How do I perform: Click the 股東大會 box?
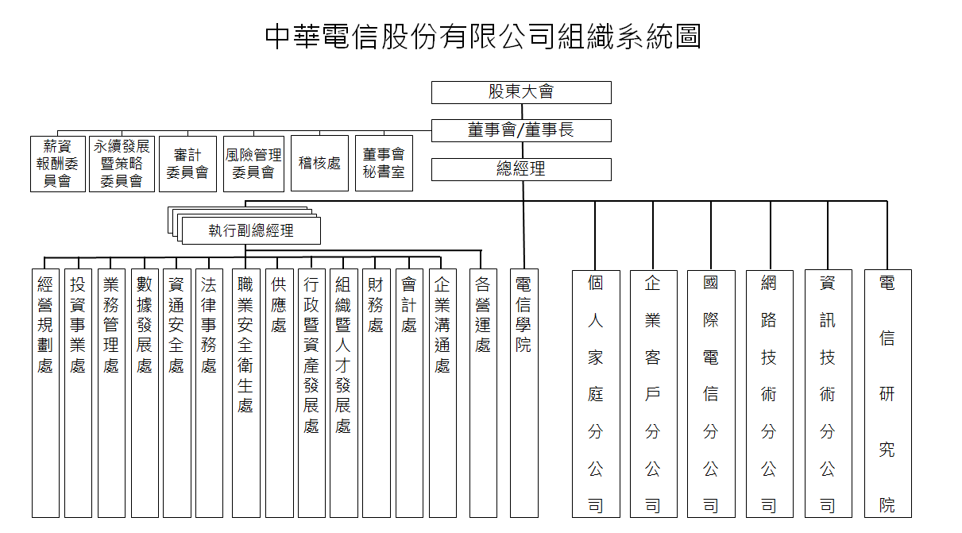coord(521,92)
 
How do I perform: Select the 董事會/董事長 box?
coord(521,130)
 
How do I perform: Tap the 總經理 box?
coord(521,169)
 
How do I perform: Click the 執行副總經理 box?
coord(251,230)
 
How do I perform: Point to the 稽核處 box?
coord(319,163)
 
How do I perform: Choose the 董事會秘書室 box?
coord(384,163)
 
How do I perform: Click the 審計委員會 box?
coord(187,164)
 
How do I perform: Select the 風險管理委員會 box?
coord(254,164)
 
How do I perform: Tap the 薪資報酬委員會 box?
coord(58,164)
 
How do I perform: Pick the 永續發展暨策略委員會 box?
coord(122,164)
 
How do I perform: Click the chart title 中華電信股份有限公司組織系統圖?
coord(483,37)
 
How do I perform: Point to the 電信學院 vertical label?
coord(523,315)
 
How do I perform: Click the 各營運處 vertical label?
coord(483,315)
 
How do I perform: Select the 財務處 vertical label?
coord(376,305)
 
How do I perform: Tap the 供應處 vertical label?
coord(279,305)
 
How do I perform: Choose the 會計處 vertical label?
coord(409,305)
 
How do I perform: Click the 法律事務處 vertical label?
coord(209,325)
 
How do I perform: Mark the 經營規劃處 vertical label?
coord(45,325)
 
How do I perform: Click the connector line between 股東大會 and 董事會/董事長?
coord(522,112)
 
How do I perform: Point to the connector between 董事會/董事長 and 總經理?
coord(522,150)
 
